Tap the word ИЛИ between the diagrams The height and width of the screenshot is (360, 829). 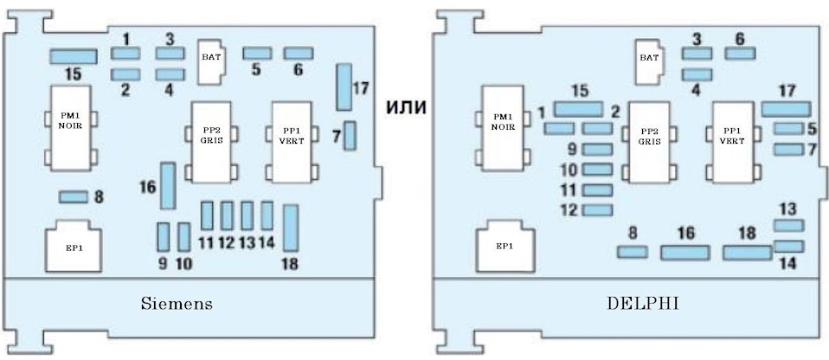point(411,107)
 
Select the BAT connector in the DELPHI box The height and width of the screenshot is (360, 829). point(650,61)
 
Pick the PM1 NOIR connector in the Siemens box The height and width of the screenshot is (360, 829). point(69,127)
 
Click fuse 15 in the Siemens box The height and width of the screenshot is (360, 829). point(73,56)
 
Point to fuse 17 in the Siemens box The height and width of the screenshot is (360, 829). point(344,87)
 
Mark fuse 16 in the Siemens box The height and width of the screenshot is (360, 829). point(168,185)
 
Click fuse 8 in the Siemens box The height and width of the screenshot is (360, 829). point(73,197)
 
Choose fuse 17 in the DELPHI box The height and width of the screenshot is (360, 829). point(786,108)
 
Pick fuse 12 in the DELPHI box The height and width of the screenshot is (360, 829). point(597,209)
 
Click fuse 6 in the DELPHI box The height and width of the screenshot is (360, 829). point(740,54)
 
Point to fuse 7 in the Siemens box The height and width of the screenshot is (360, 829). point(350,136)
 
